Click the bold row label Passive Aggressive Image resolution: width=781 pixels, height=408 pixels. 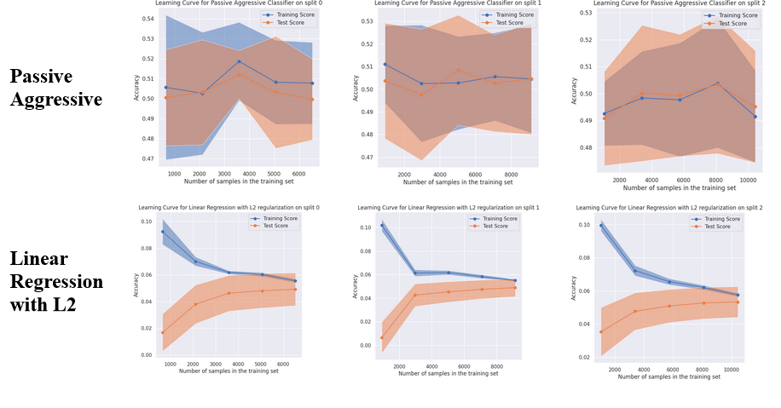click(x=56, y=88)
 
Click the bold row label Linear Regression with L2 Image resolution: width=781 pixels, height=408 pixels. click(x=56, y=281)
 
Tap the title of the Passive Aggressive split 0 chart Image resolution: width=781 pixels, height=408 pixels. click(x=228, y=4)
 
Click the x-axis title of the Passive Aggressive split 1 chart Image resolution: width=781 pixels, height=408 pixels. click(x=458, y=181)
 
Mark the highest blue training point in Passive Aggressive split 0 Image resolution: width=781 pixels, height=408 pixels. click(x=240, y=61)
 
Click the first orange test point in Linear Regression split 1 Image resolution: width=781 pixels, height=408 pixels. click(x=381, y=337)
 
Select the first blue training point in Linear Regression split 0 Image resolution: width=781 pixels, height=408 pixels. click(x=162, y=232)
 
